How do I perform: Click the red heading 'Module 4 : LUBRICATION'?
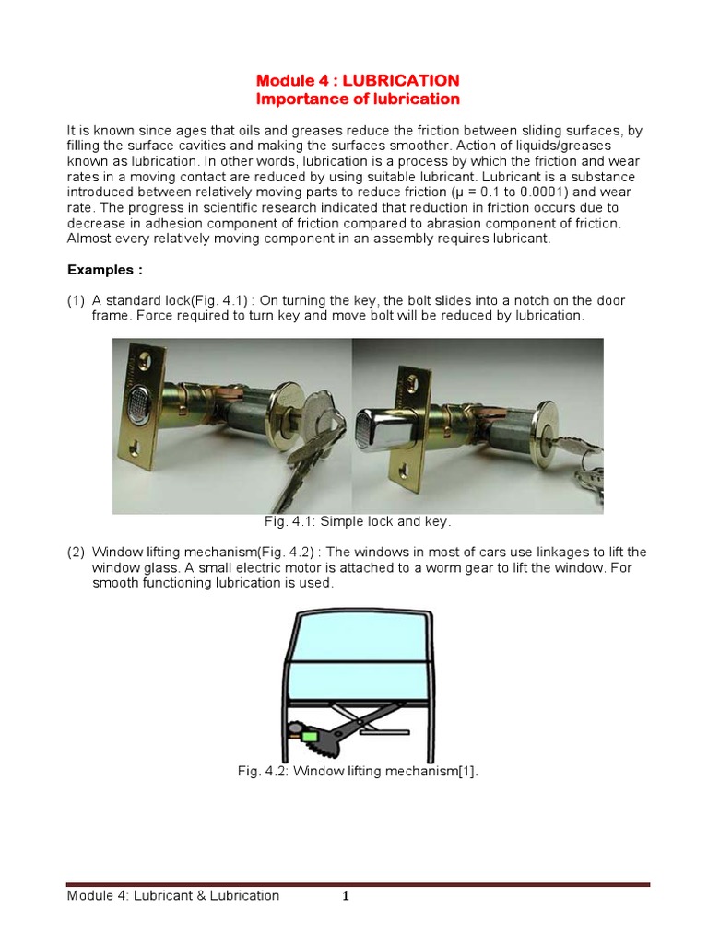[x=357, y=80]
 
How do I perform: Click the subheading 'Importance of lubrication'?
[x=357, y=99]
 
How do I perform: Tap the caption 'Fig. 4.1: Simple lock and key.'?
[x=358, y=521]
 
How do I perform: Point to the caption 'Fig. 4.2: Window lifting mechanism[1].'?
[x=358, y=772]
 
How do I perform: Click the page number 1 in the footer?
[x=345, y=897]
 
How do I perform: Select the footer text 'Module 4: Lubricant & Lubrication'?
[x=173, y=895]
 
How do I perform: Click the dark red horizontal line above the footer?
[x=358, y=884]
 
